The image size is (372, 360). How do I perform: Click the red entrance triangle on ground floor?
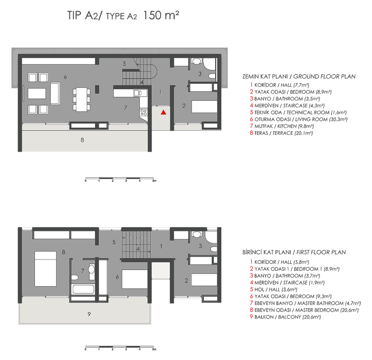(x=163, y=112)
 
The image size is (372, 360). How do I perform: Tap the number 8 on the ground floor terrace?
(x=82, y=139)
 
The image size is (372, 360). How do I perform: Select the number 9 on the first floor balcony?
(x=88, y=314)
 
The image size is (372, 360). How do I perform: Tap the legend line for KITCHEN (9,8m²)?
(x=281, y=126)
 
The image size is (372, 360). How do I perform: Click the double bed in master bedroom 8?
(x=46, y=263)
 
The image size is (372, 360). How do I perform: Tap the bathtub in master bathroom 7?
(x=83, y=289)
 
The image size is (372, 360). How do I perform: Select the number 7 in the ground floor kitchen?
(x=125, y=107)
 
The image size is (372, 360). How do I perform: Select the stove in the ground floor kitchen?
(x=144, y=112)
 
